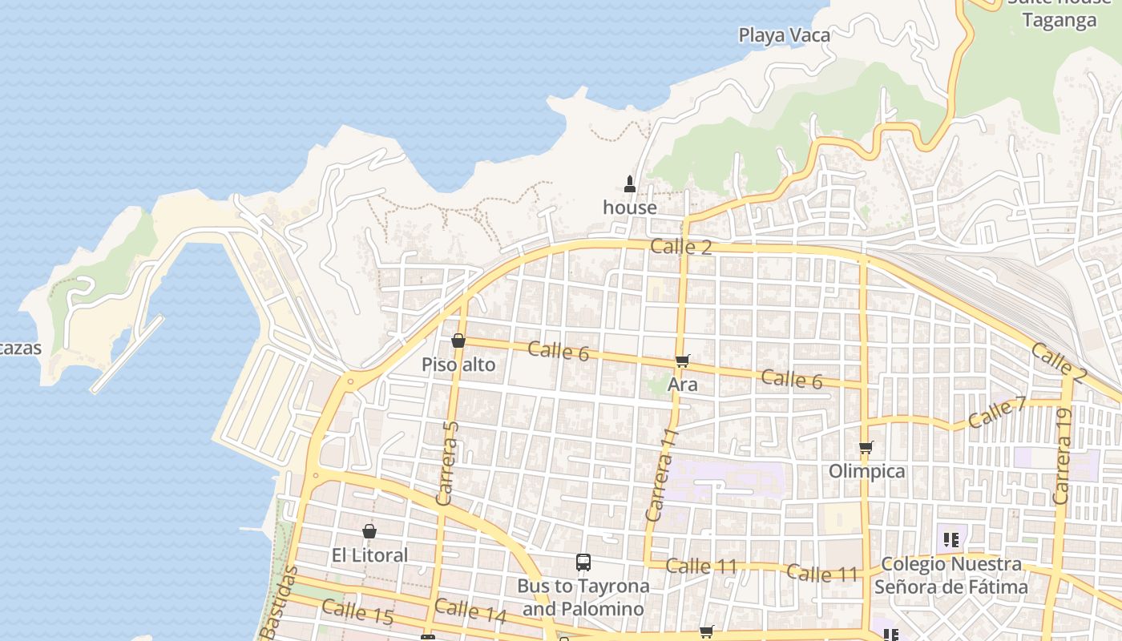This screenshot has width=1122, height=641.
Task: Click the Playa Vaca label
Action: pos(784,35)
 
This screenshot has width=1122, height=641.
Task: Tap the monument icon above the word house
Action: pos(630,183)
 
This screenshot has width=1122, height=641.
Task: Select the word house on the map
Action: pos(630,208)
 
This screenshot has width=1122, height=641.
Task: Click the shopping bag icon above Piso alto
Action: pos(458,341)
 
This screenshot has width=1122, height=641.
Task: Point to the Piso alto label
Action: pos(458,365)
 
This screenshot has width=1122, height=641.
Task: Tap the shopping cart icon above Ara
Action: pos(682,361)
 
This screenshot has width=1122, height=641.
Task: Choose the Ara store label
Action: pos(683,385)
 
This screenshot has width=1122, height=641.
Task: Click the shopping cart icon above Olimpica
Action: pos(866,447)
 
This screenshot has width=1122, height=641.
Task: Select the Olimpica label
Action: pos(867,471)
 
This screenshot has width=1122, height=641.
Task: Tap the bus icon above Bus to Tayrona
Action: pos(583,562)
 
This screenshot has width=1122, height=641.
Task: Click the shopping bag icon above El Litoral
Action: pos(369,530)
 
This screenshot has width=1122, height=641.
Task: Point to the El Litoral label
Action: pos(369,555)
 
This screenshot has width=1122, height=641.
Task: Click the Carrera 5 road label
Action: pos(448,463)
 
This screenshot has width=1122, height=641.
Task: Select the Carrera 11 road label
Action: pos(662,474)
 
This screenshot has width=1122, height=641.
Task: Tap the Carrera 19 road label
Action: pos(1063,457)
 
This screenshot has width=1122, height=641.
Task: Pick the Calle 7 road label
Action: pos(996,413)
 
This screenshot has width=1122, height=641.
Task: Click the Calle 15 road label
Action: pos(357,611)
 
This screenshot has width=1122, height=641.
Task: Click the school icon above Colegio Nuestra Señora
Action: pos(951,539)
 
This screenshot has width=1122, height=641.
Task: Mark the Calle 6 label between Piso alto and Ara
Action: pos(559,350)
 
